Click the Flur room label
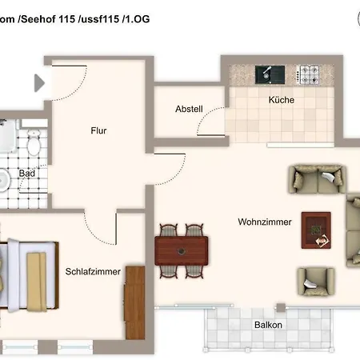(x=98, y=130)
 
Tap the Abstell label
(x=189, y=109)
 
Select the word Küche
(x=282, y=100)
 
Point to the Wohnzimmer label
(x=265, y=222)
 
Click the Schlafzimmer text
(x=93, y=271)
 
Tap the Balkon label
(x=268, y=325)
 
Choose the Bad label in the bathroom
(x=27, y=174)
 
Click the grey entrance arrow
(x=39, y=83)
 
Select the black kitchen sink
(x=270, y=74)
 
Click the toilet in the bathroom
(x=34, y=143)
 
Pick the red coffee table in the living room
(x=316, y=230)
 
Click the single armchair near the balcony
(x=316, y=282)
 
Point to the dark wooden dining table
(x=182, y=250)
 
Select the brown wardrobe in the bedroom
(x=135, y=302)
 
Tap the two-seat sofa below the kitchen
(x=317, y=179)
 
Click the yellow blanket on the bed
(x=37, y=282)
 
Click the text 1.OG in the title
(x=136, y=19)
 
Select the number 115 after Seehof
(x=67, y=19)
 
